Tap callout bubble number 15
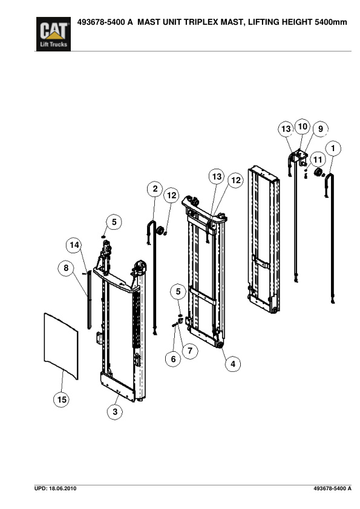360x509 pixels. click(61, 400)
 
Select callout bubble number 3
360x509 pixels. click(114, 412)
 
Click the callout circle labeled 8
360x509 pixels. click(66, 269)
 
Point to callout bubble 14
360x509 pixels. click(74, 245)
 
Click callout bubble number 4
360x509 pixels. click(232, 364)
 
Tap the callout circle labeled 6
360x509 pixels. click(173, 359)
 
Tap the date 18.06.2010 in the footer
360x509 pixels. click(63, 487)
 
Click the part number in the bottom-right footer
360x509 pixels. click(332, 487)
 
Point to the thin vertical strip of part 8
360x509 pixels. click(90, 299)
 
